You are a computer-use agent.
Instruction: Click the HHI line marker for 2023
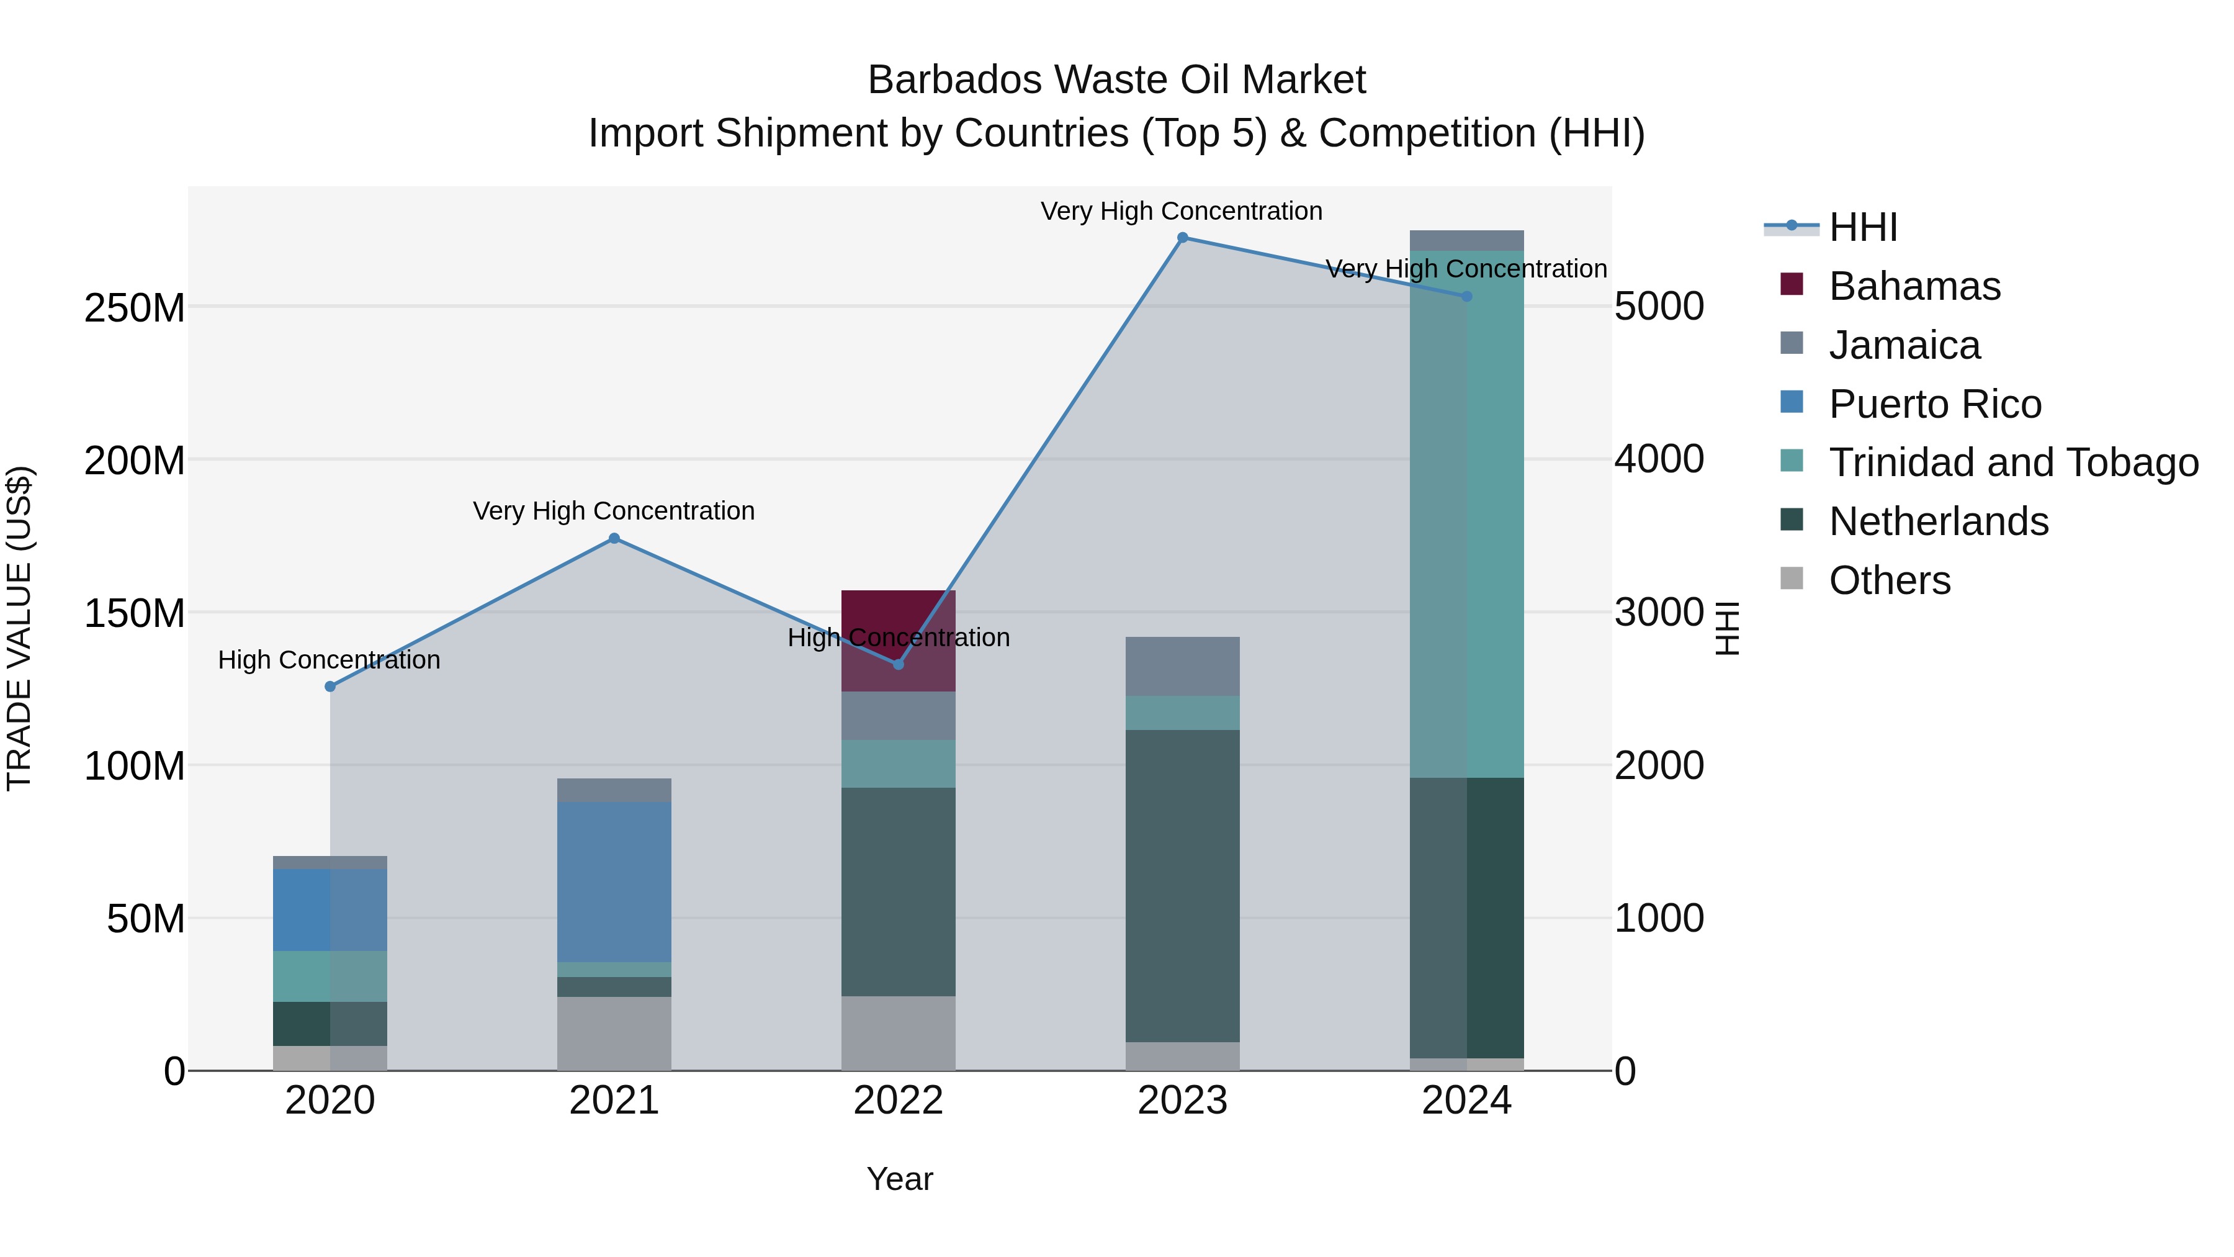(1182, 238)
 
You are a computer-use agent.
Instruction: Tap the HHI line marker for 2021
(614, 539)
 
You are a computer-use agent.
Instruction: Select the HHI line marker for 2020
(330, 686)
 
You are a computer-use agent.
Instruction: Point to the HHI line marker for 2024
(1466, 297)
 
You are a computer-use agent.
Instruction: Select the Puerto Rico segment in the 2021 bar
(614, 881)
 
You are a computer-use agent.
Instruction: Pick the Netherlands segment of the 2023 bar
(1182, 885)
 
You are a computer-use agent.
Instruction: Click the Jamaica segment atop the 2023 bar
(1182, 666)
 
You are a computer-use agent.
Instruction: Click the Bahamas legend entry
(1914, 286)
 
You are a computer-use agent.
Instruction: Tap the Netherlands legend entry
(1938, 521)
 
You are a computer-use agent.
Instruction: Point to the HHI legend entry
(1863, 227)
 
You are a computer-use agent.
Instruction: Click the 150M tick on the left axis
(135, 613)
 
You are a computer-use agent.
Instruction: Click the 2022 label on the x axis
(899, 1101)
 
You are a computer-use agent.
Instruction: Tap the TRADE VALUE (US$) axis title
(19, 628)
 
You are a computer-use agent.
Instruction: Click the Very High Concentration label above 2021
(614, 511)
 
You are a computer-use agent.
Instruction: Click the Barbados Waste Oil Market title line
(1116, 80)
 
